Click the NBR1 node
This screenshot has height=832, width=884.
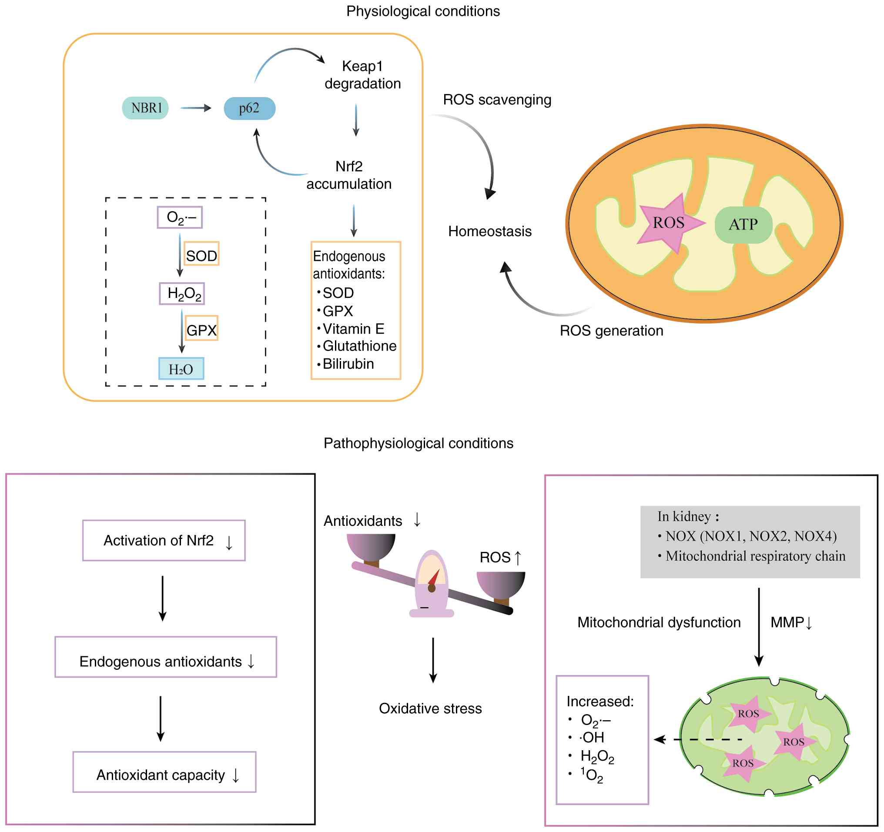[x=145, y=108]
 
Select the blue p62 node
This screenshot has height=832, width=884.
[x=249, y=108]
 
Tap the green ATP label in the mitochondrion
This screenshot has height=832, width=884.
[x=743, y=224]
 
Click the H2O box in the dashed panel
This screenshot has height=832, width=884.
[x=181, y=369]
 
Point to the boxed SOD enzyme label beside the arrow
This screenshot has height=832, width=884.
[x=201, y=256]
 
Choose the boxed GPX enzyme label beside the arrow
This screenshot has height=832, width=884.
[x=201, y=330]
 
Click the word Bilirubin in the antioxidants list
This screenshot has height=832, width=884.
[x=348, y=364]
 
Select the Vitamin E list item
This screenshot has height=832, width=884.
[x=353, y=329]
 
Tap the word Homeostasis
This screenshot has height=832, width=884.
[x=489, y=231]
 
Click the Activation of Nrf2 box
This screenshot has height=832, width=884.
[x=164, y=541]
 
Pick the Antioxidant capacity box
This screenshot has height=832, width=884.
[x=164, y=775]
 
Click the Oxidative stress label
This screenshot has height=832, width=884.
[x=430, y=708]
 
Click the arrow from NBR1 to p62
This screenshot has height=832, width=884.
[x=196, y=108]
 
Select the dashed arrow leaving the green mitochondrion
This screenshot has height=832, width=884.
[x=698, y=739]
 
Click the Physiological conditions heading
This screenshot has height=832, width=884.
[x=423, y=11]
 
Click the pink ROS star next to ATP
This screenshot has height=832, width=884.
[x=668, y=223]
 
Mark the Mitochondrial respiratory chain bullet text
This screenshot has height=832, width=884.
[x=755, y=556]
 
